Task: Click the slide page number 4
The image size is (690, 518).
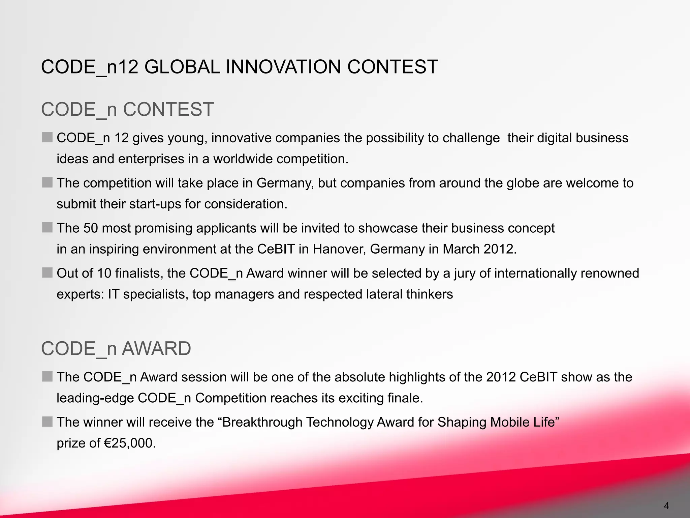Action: point(666,506)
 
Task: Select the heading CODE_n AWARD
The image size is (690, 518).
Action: point(116,348)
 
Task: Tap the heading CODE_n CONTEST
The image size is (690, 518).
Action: point(127,110)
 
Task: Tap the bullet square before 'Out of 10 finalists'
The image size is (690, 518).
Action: point(48,272)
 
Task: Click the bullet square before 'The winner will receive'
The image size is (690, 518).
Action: point(48,422)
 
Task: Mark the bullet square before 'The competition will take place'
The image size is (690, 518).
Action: point(48,182)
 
